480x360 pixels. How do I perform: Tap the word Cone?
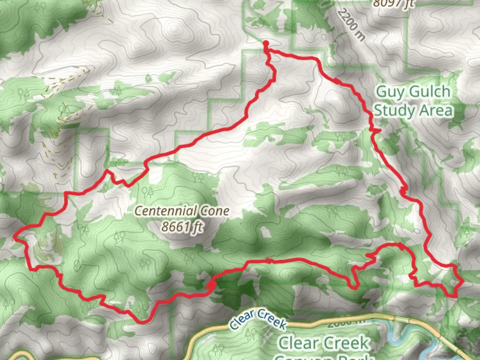[x=215, y=211]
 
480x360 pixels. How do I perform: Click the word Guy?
[x=390, y=92]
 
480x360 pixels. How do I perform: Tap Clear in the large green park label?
[x=298, y=343]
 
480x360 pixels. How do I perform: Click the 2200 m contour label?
[x=350, y=24]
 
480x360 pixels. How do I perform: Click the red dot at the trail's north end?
[x=266, y=43]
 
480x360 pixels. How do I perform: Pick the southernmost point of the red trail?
[x=143, y=322]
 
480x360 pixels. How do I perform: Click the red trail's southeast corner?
[x=455, y=296]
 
